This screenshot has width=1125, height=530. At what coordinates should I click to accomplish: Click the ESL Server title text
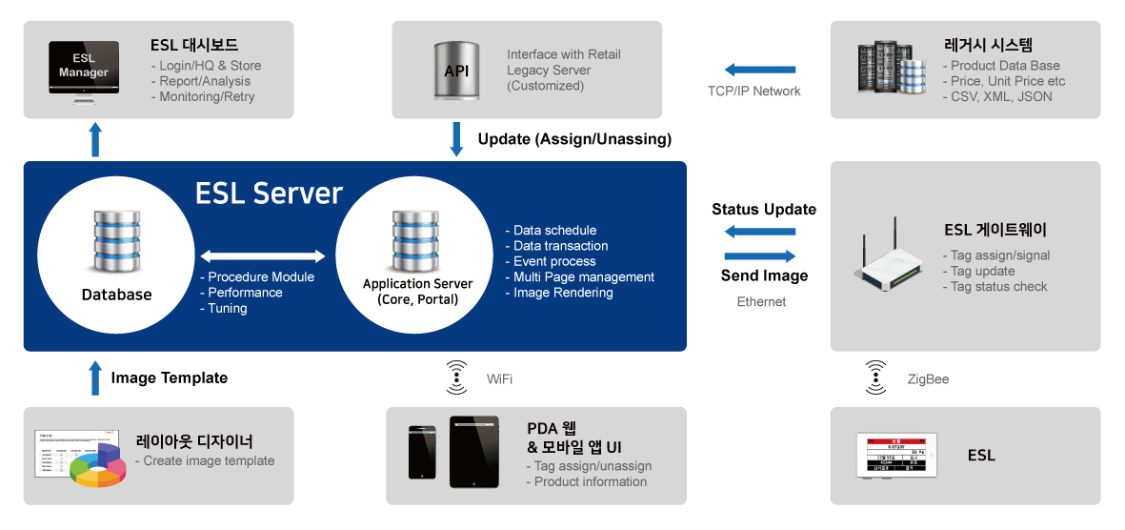coord(269,194)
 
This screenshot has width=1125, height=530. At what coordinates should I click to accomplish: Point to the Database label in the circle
coord(116,295)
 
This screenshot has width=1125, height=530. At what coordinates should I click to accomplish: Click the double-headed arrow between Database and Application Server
coord(263,255)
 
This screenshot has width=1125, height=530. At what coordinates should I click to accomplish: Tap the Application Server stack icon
coord(416,242)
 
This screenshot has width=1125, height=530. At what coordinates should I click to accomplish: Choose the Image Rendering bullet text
coord(563,293)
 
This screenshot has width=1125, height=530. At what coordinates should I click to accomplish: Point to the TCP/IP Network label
coord(753,92)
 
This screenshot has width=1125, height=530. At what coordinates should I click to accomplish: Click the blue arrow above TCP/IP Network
coord(759,70)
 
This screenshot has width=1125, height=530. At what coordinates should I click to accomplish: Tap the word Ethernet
coord(761,302)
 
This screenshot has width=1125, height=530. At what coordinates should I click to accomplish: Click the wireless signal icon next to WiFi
coord(457,378)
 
